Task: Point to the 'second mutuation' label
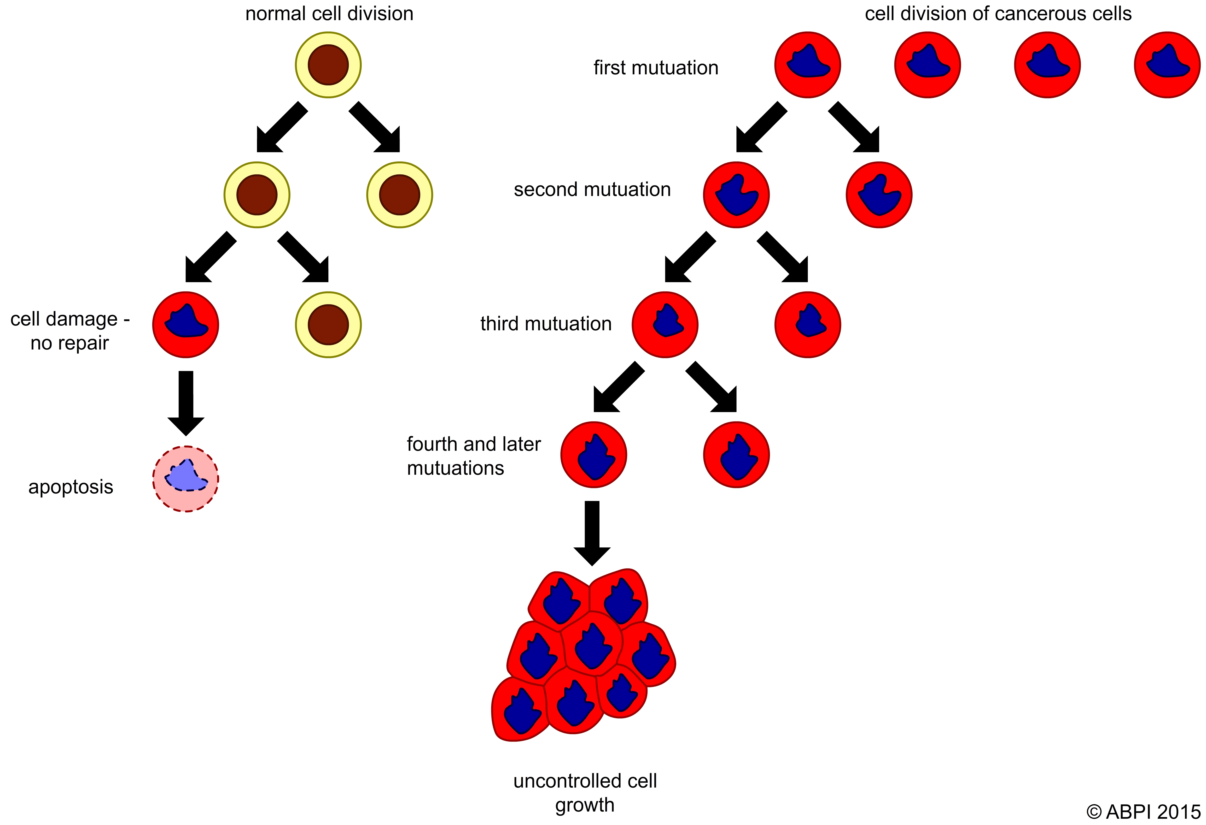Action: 592,190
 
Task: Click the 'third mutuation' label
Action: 545,323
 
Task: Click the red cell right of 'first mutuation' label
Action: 807,65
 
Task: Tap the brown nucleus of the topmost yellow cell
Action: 328,65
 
